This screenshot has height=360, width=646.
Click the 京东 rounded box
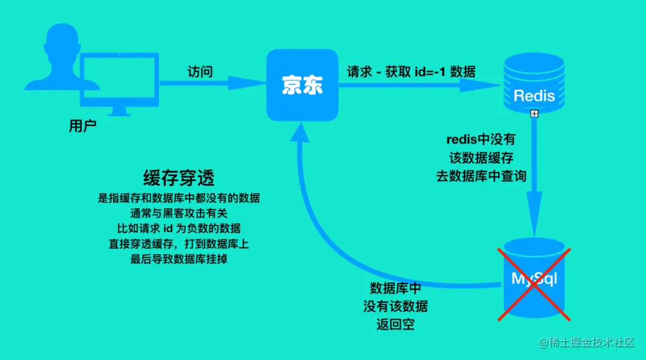[302, 85]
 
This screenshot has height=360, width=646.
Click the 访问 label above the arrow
[200, 71]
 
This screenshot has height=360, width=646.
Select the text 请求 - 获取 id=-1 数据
[412, 72]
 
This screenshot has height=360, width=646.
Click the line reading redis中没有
[481, 140]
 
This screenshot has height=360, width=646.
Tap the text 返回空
[395, 325]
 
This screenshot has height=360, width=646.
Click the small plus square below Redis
[534, 114]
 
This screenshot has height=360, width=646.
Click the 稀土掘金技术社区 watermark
[589, 343]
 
